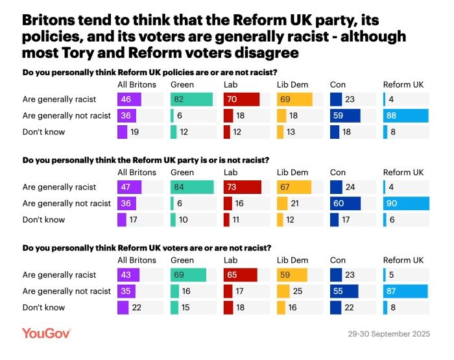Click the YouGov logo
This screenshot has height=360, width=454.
coord(46,333)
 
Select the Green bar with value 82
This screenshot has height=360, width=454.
coord(191,99)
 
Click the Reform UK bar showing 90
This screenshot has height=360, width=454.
coord(405,203)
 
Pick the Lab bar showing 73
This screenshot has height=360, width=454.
coord(242,187)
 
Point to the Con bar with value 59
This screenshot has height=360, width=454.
coord(344,115)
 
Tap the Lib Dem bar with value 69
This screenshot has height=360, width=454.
coord(294,99)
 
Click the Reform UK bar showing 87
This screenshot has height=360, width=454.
coord(405,291)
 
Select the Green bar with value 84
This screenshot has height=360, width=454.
coord(192,187)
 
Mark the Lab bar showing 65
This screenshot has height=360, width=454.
coord(240,274)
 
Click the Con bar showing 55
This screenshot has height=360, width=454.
coord(344,291)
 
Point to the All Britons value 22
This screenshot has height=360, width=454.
coord(136,307)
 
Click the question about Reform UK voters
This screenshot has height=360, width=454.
coord(147,248)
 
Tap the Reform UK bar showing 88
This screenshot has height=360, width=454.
coord(405,115)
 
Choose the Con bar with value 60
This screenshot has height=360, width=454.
coord(345,203)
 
